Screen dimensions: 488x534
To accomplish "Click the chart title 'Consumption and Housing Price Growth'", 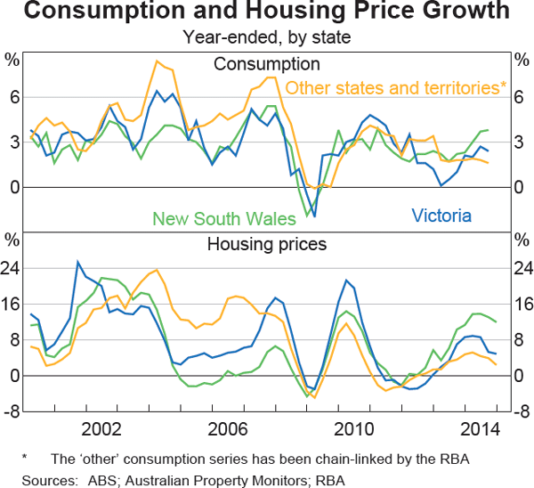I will (x=267, y=13).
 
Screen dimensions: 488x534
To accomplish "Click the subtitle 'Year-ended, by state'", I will (x=267, y=37).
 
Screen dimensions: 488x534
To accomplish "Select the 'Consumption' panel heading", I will (x=267, y=63).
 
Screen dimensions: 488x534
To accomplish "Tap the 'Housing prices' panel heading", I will (x=267, y=243).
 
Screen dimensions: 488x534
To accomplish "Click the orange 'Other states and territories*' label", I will (x=396, y=87).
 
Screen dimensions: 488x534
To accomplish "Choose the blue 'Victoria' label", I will (x=441, y=215).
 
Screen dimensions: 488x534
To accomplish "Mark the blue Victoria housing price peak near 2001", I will (x=78, y=262).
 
